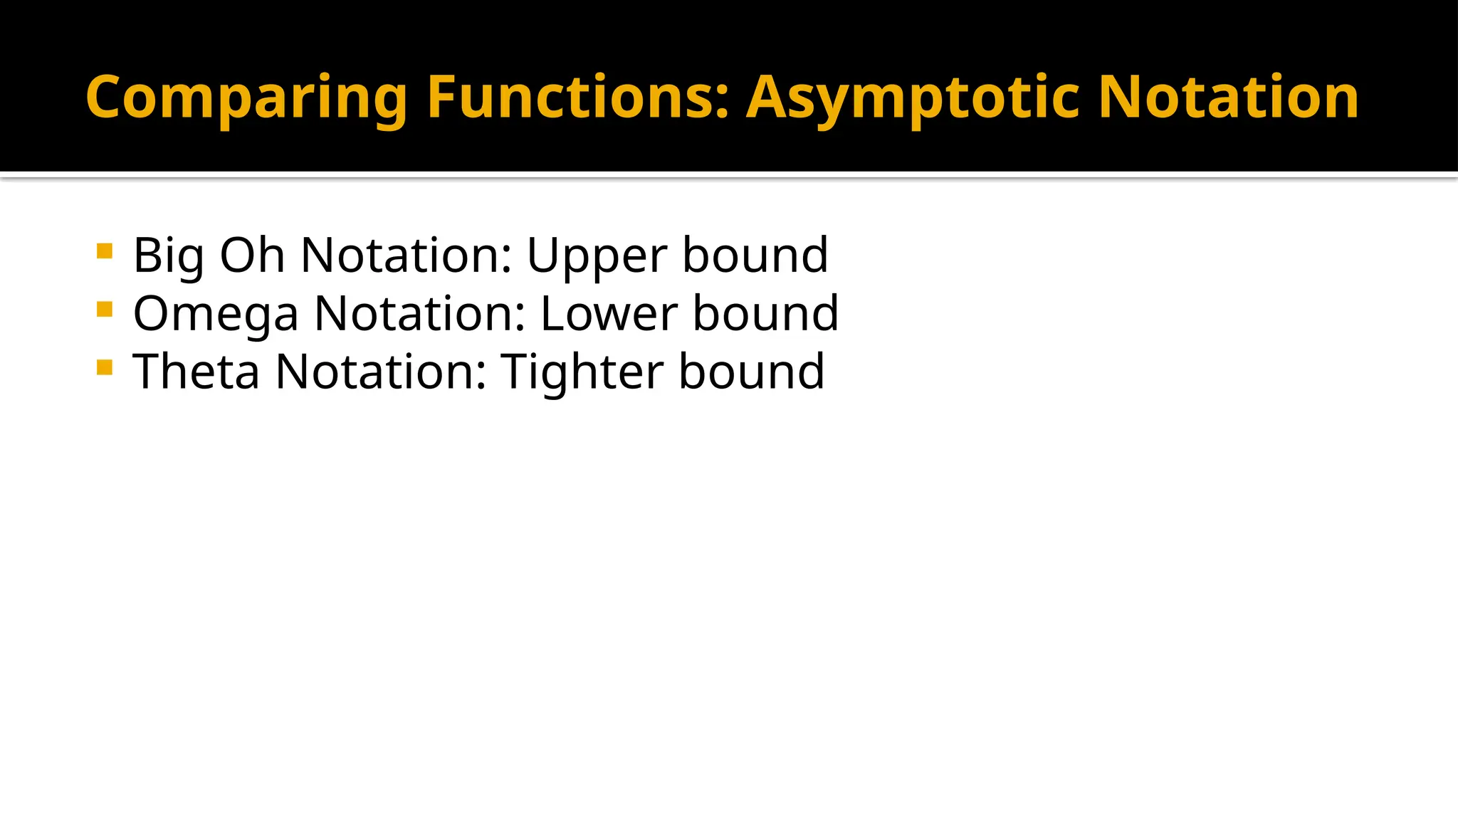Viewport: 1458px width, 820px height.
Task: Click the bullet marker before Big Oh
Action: click(x=105, y=251)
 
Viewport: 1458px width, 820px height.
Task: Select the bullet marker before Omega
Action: click(x=105, y=310)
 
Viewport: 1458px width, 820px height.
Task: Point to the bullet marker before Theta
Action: click(x=105, y=368)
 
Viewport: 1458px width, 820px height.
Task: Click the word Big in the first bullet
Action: click(x=169, y=256)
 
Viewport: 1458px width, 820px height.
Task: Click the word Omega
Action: click(x=216, y=315)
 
